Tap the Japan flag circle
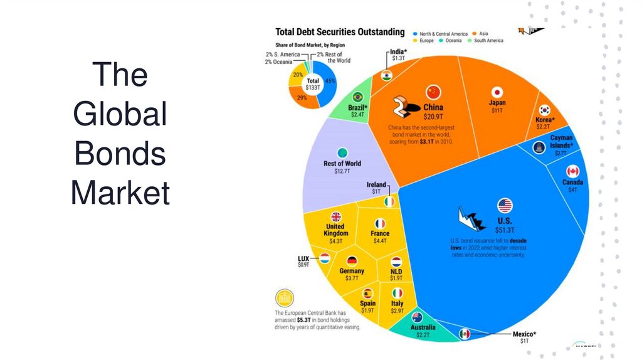tap(498, 91)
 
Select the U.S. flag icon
tap(505, 205)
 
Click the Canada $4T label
tap(572, 186)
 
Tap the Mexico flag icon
tap(465, 334)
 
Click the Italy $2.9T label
tap(397, 307)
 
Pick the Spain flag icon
tap(368, 293)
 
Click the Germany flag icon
tap(351, 261)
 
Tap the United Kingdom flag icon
tap(335, 216)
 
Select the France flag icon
tap(380, 223)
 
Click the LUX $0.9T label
tap(303, 262)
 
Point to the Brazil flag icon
tap(358, 97)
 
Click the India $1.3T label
tap(397, 55)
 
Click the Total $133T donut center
tap(312, 84)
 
